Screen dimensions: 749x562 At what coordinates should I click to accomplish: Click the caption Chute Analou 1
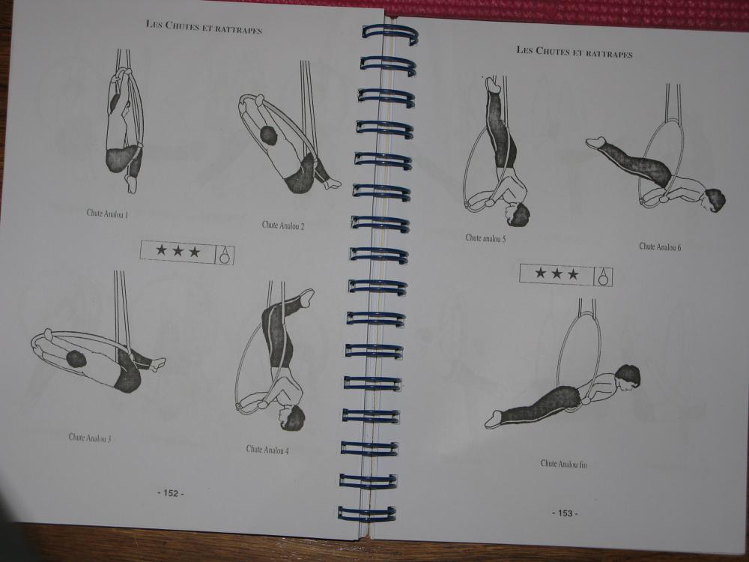pos(107,214)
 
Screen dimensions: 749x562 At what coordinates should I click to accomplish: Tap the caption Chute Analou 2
pos(283,225)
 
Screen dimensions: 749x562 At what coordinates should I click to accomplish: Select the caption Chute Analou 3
pos(90,438)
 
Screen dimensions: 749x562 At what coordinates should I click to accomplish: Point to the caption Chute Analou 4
pos(267,449)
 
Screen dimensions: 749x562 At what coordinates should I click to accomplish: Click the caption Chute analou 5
pos(485,238)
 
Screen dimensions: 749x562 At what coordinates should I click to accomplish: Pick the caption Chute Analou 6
pos(660,247)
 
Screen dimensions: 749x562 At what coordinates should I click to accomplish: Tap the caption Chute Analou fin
pos(564,464)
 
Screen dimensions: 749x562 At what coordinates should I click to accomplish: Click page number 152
pos(171,493)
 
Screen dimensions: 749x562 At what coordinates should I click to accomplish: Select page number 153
pos(565,513)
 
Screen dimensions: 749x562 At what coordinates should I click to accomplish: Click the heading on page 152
pos(204,27)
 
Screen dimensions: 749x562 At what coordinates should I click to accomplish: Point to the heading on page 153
pos(574,52)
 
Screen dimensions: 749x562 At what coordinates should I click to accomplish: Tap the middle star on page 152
pos(178,251)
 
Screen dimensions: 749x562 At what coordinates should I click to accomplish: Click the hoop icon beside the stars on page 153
pos(603,277)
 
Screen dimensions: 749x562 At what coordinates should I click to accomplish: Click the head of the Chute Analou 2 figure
pos(268,136)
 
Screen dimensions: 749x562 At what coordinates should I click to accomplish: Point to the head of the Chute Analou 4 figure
pos(292,417)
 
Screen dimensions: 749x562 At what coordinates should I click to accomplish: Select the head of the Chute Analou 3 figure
pos(76,358)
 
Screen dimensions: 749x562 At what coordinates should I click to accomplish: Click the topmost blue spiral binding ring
pos(389,34)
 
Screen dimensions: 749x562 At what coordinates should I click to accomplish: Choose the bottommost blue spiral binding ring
pos(367,513)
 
